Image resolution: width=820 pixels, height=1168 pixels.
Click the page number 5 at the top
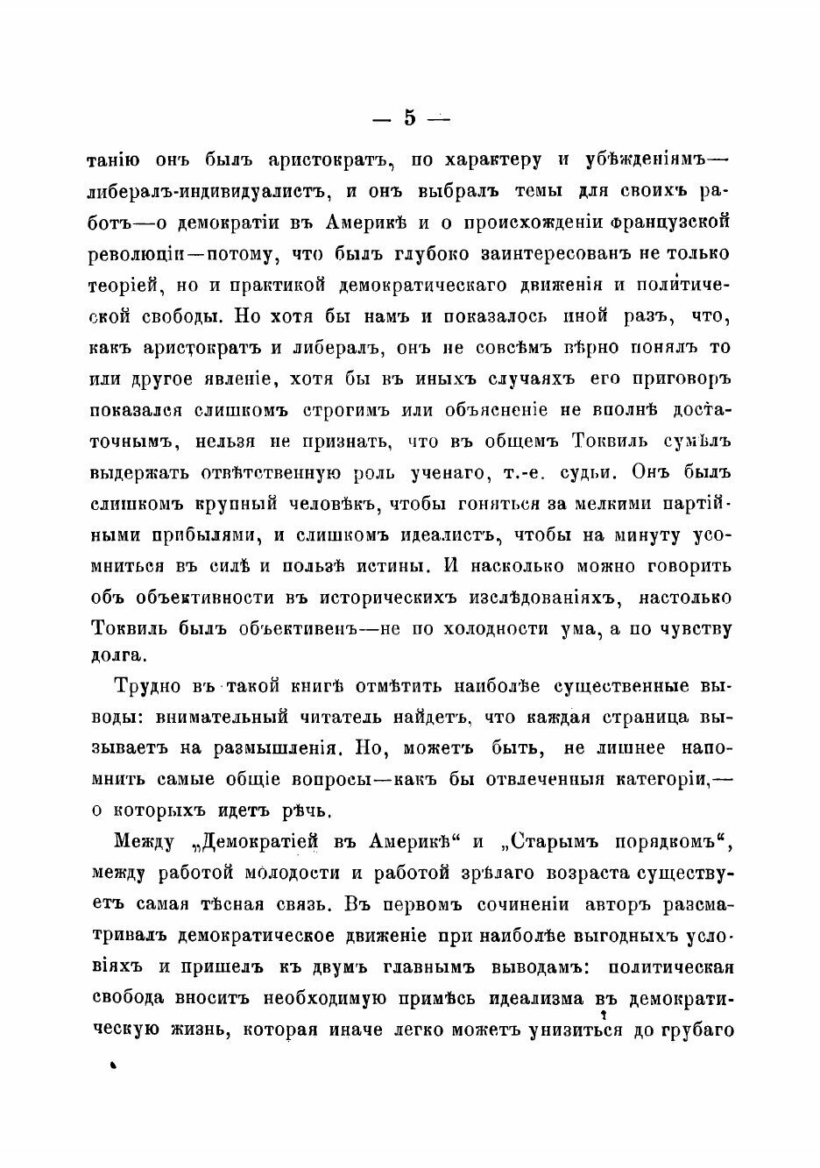410,117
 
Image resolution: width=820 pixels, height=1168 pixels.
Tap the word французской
667,222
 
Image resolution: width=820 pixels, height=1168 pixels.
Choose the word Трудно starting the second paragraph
150,686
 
